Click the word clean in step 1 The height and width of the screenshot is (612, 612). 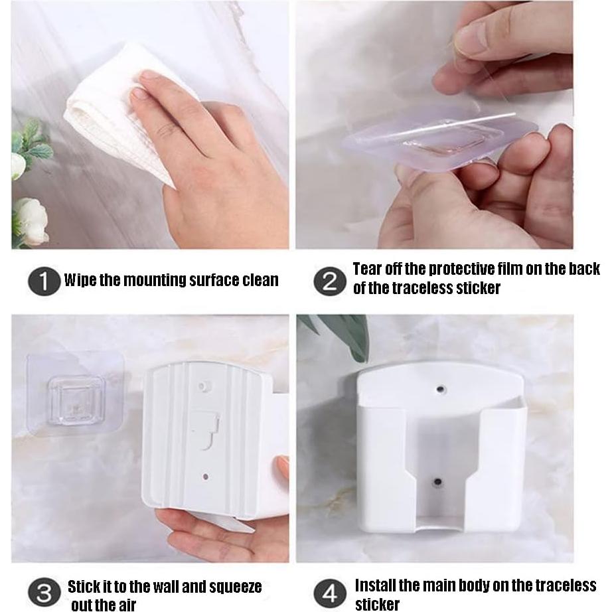click(x=256, y=280)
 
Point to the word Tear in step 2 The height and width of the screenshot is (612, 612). click(x=367, y=269)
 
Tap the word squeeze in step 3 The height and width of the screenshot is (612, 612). click(x=234, y=587)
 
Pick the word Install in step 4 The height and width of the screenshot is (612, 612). click(x=376, y=585)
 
